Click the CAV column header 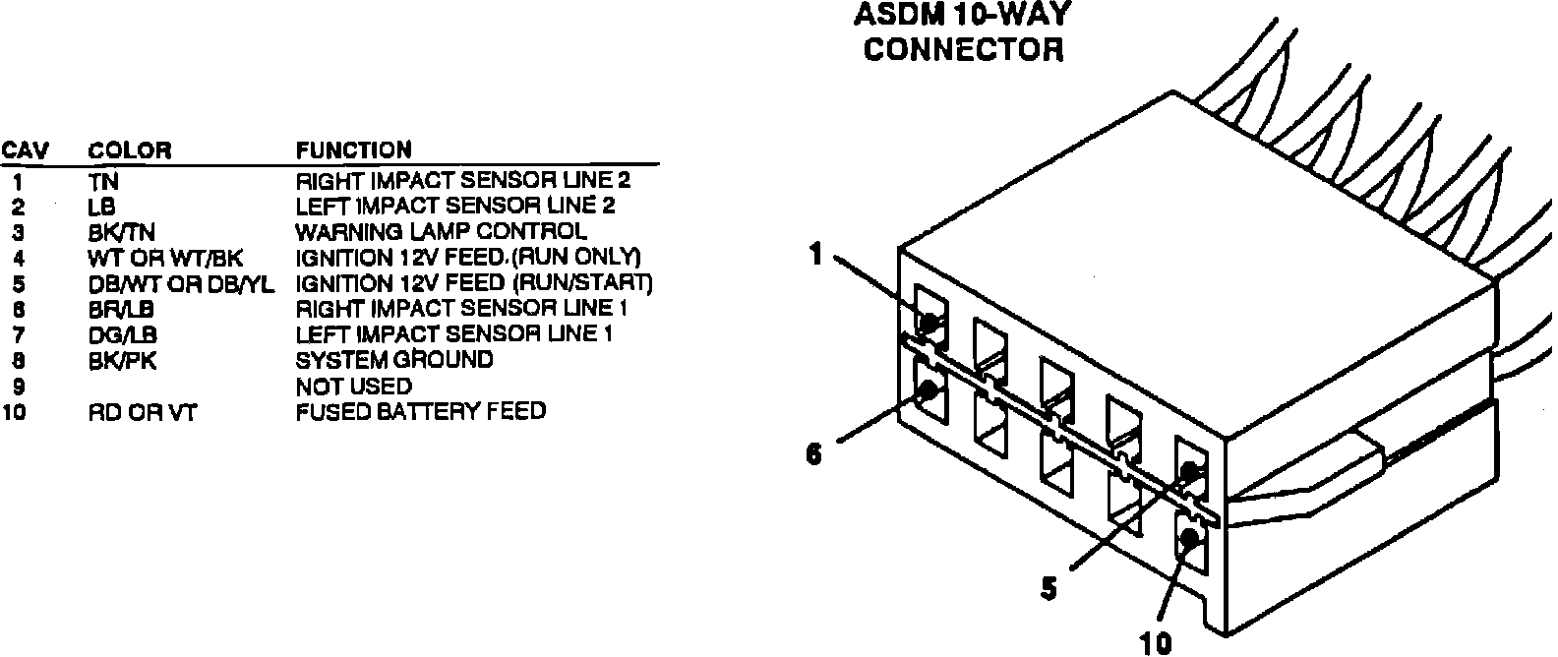click(x=25, y=150)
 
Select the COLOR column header click(x=129, y=150)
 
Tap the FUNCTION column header click(x=354, y=150)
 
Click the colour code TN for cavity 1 click(x=102, y=182)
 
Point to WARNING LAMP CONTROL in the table click(x=442, y=232)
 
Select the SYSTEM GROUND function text click(x=394, y=360)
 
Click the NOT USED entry click(x=354, y=387)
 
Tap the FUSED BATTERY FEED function click(x=421, y=411)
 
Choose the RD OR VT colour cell click(x=142, y=412)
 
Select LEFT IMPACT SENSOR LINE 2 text click(x=455, y=207)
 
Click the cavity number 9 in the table click(x=18, y=387)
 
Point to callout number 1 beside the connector click(x=815, y=255)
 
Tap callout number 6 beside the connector click(x=813, y=456)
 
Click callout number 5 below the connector click(x=1049, y=588)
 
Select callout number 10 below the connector click(x=1157, y=644)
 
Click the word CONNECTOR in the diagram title click(x=963, y=49)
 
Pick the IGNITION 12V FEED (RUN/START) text click(x=474, y=283)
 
